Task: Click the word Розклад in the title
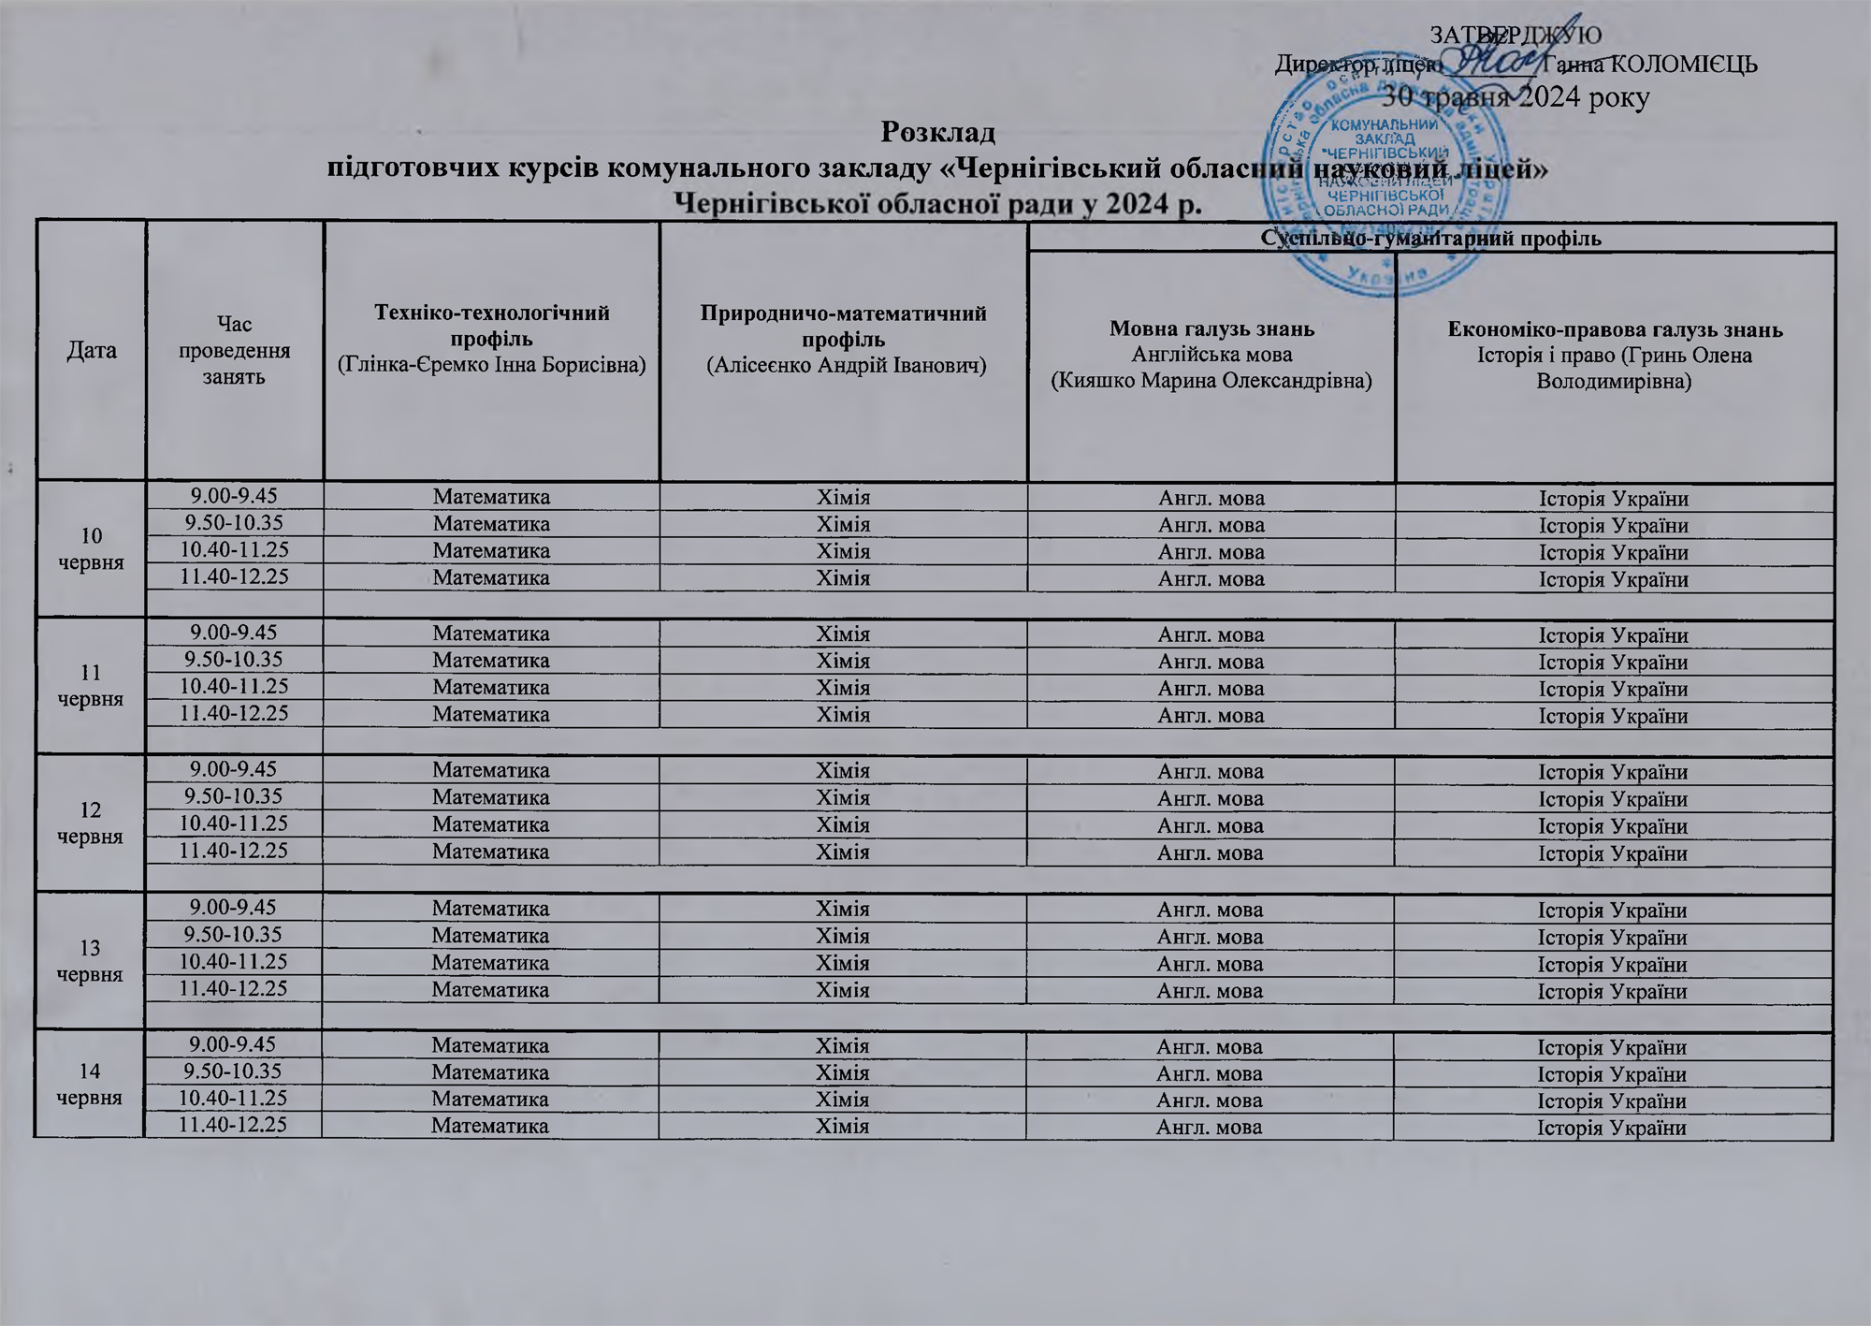tap(937, 132)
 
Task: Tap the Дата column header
tap(92, 351)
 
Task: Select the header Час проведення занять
tap(235, 351)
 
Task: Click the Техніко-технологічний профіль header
tap(491, 338)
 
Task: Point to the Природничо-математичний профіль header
tap(844, 338)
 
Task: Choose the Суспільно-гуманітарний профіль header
tap(1431, 238)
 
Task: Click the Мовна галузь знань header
tap(1211, 328)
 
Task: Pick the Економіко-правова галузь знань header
tap(1615, 329)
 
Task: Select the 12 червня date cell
tap(91, 823)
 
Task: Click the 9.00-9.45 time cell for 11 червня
tap(235, 634)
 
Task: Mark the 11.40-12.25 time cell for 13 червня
tap(234, 988)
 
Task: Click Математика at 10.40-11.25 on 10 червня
tap(491, 551)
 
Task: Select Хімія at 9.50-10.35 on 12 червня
tap(843, 798)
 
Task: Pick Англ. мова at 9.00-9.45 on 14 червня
tap(1210, 1046)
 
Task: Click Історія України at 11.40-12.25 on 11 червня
tap(1614, 716)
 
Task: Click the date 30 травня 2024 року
tap(1516, 97)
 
